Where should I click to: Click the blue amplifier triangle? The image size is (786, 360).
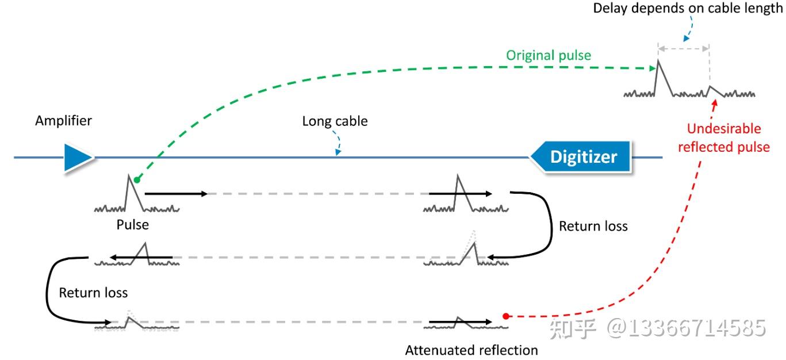click(78, 157)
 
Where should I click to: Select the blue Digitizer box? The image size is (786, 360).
click(581, 157)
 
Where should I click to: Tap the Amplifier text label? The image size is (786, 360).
click(63, 121)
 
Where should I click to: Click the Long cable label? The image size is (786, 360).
click(335, 121)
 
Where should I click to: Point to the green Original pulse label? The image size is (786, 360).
click(549, 55)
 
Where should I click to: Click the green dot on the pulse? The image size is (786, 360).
click(137, 180)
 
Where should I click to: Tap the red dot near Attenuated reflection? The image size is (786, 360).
click(506, 316)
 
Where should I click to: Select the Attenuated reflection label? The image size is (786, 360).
click(471, 350)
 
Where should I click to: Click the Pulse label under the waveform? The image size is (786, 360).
click(133, 225)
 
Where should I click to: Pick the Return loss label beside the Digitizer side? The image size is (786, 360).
click(593, 227)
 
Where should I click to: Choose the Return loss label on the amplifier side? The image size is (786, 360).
click(93, 293)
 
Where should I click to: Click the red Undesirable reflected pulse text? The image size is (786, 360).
click(724, 138)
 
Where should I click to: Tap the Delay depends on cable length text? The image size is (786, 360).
click(688, 9)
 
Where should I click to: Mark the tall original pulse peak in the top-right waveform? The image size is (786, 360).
click(658, 61)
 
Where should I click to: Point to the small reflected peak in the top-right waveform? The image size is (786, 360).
click(710, 86)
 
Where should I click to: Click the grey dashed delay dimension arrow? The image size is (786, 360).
click(684, 49)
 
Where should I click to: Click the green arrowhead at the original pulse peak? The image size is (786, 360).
click(653, 68)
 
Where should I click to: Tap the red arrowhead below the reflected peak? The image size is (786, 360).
click(715, 103)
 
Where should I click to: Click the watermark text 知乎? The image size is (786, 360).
click(572, 329)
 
